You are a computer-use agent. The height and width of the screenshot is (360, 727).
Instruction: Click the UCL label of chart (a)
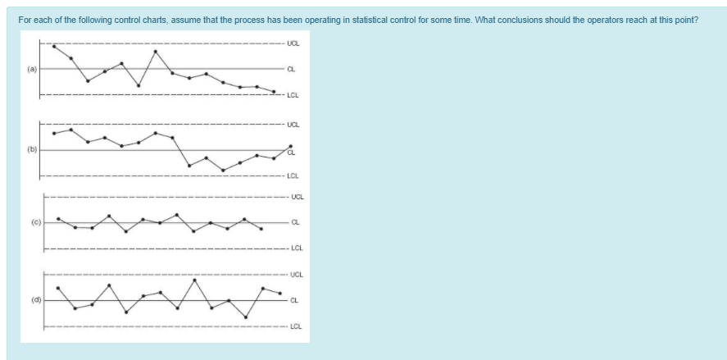[293, 41]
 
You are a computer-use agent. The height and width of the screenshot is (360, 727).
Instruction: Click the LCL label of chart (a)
[293, 95]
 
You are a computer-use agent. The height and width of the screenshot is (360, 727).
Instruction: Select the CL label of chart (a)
[292, 68]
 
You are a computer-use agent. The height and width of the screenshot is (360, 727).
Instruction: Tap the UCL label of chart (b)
[293, 124]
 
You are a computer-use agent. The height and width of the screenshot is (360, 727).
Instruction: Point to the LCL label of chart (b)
[293, 175]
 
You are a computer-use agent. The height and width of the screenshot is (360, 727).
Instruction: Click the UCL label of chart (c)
[297, 197]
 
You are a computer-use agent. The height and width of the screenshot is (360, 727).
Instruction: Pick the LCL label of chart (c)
[297, 248]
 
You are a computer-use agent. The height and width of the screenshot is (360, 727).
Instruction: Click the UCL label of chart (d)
[297, 274]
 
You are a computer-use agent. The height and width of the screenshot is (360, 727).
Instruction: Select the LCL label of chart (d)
[297, 326]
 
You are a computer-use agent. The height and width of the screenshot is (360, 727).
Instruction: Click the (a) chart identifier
[31, 68]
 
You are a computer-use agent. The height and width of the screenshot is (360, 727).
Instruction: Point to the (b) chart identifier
[31, 150]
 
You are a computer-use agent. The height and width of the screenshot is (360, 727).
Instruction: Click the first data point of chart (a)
[54, 46]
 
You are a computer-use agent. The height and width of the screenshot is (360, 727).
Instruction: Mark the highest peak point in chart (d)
[195, 280]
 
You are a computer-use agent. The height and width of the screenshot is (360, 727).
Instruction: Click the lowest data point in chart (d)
[246, 317]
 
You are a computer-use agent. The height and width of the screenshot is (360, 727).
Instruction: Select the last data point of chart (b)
[290, 148]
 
